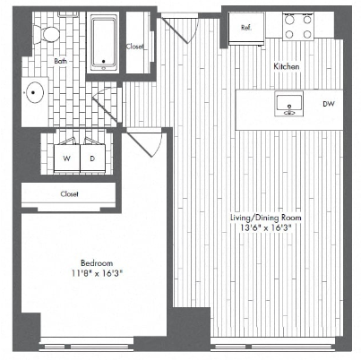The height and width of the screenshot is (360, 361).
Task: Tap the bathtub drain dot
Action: click(104, 62)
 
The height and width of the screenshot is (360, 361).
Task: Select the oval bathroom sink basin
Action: click(35, 92)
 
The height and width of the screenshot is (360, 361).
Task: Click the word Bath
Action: click(61, 61)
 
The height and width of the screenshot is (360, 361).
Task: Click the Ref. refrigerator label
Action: click(246, 28)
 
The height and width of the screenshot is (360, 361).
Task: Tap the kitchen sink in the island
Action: click(288, 104)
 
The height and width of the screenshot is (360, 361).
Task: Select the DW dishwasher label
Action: click(329, 104)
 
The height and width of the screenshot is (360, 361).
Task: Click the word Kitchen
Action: click(287, 66)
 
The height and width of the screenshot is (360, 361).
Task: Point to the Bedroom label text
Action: click(97, 263)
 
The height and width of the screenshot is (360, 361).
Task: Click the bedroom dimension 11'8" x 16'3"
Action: click(97, 273)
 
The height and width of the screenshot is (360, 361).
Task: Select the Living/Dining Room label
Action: click(266, 218)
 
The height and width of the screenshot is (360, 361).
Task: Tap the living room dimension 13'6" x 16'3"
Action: click(266, 227)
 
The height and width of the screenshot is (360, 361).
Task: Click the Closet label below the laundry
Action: click(69, 194)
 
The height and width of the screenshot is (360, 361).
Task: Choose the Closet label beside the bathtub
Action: click(134, 47)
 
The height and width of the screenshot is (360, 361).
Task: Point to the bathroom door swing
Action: click(105, 103)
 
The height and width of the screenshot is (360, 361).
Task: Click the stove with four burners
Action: click(298, 27)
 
